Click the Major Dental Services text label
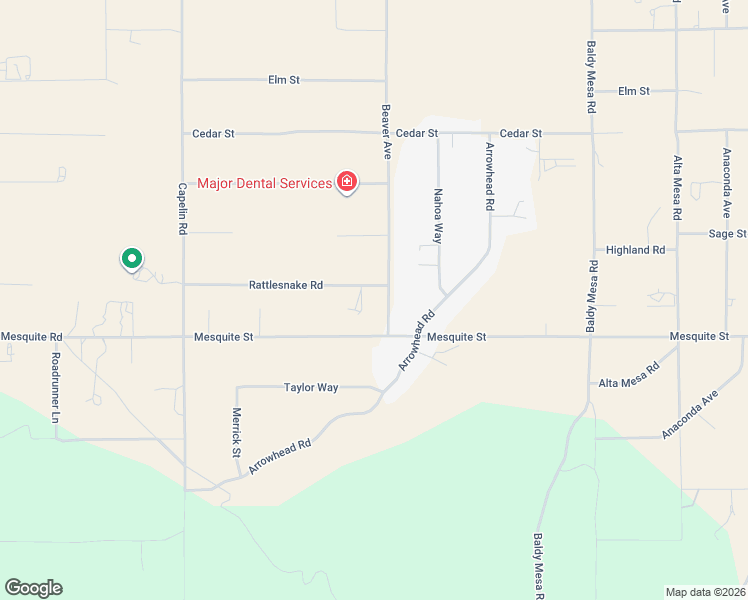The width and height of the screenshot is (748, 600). pyautogui.click(x=264, y=183)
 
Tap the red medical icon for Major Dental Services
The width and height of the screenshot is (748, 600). pyautogui.click(x=347, y=182)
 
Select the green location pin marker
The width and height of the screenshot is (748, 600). pyautogui.click(x=131, y=259)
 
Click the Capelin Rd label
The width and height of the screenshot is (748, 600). pyautogui.click(x=183, y=208)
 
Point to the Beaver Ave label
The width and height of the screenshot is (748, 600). pyautogui.click(x=387, y=131)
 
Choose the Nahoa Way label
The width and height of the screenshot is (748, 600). pyautogui.click(x=437, y=216)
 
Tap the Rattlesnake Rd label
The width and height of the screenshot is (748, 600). pyautogui.click(x=285, y=285)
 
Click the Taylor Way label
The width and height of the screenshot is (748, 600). pyautogui.click(x=311, y=387)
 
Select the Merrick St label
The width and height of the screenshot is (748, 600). pyautogui.click(x=237, y=432)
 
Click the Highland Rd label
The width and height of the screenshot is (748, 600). pyautogui.click(x=636, y=250)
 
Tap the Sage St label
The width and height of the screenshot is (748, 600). pyautogui.click(x=727, y=234)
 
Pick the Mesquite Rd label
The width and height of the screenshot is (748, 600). pyautogui.click(x=32, y=337)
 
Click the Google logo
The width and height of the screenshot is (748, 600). pyautogui.click(x=33, y=588)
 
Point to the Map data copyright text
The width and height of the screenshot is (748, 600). pyautogui.click(x=705, y=592)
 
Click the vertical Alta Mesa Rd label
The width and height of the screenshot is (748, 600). pyautogui.click(x=677, y=188)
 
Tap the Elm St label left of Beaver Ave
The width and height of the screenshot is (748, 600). pyautogui.click(x=284, y=80)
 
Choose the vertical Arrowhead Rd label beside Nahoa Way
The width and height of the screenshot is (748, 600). pyautogui.click(x=490, y=176)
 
